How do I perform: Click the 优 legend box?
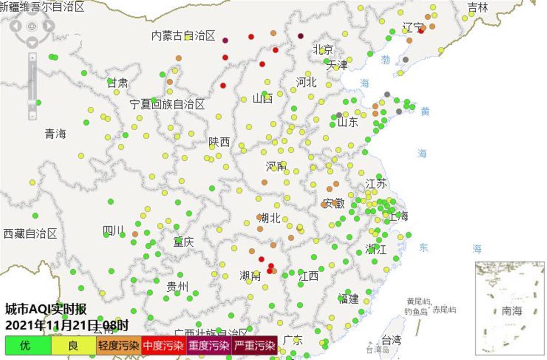tap(28, 345)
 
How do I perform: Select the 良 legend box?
tap(73, 345)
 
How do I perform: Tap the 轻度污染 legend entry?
tap(118, 345)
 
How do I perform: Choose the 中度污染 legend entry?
tap(163, 345)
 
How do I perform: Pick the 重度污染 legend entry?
tap(208, 345)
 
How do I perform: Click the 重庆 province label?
tap(183, 242)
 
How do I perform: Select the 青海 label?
tap(55, 134)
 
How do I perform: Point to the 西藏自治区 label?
tap(30, 234)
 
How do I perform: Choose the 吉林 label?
tap(478, 7)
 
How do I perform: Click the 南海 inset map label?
tap(511, 311)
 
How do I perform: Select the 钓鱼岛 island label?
tap(416, 311)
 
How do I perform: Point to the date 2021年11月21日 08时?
tap(67, 325)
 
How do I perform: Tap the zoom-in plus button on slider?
tap(32, 57)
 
